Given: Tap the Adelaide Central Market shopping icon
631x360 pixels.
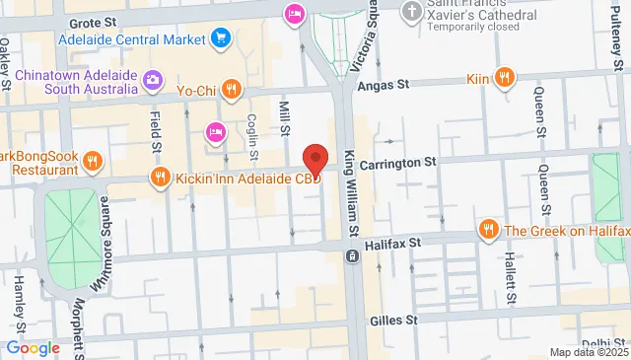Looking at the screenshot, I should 221,39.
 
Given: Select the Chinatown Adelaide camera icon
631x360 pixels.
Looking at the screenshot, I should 153,79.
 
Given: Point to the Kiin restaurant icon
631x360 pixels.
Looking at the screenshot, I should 504,76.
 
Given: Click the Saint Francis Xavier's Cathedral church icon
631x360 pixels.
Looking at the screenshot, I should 411,12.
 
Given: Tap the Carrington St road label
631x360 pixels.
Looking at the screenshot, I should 396,162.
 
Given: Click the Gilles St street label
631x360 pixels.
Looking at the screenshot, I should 394,320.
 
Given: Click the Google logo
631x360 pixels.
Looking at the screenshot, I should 33,347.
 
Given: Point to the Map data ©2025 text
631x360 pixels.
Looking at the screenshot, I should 588,352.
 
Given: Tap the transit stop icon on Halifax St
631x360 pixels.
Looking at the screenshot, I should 352,256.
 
